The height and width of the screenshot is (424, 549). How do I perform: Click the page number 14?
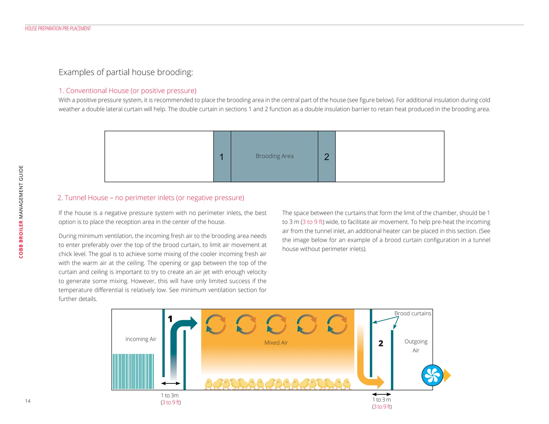click(28, 401)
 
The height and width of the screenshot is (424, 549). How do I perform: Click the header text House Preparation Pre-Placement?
click(58, 28)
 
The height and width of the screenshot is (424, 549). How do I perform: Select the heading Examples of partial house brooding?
click(126, 72)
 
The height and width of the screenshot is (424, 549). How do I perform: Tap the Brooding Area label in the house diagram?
click(274, 156)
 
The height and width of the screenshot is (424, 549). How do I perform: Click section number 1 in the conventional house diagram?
click(221, 157)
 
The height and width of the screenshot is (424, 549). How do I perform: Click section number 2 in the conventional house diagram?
click(327, 157)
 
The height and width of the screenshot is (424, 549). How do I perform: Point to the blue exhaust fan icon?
click(432, 375)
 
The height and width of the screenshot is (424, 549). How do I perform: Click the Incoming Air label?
click(141, 339)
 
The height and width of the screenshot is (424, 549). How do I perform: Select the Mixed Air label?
click(276, 343)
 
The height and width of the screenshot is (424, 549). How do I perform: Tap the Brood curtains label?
click(413, 313)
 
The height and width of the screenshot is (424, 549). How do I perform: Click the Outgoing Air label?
click(416, 346)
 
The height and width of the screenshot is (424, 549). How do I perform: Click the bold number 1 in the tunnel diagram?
click(170, 319)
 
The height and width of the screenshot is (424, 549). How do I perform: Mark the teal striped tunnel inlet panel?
click(133, 371)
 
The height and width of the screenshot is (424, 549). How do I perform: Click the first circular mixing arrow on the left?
click(216, 324)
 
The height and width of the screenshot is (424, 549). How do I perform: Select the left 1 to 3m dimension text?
click(170, 395)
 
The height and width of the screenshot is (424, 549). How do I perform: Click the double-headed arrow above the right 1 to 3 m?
click(381, 394)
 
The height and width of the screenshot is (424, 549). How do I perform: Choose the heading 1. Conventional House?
click(127, 91)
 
